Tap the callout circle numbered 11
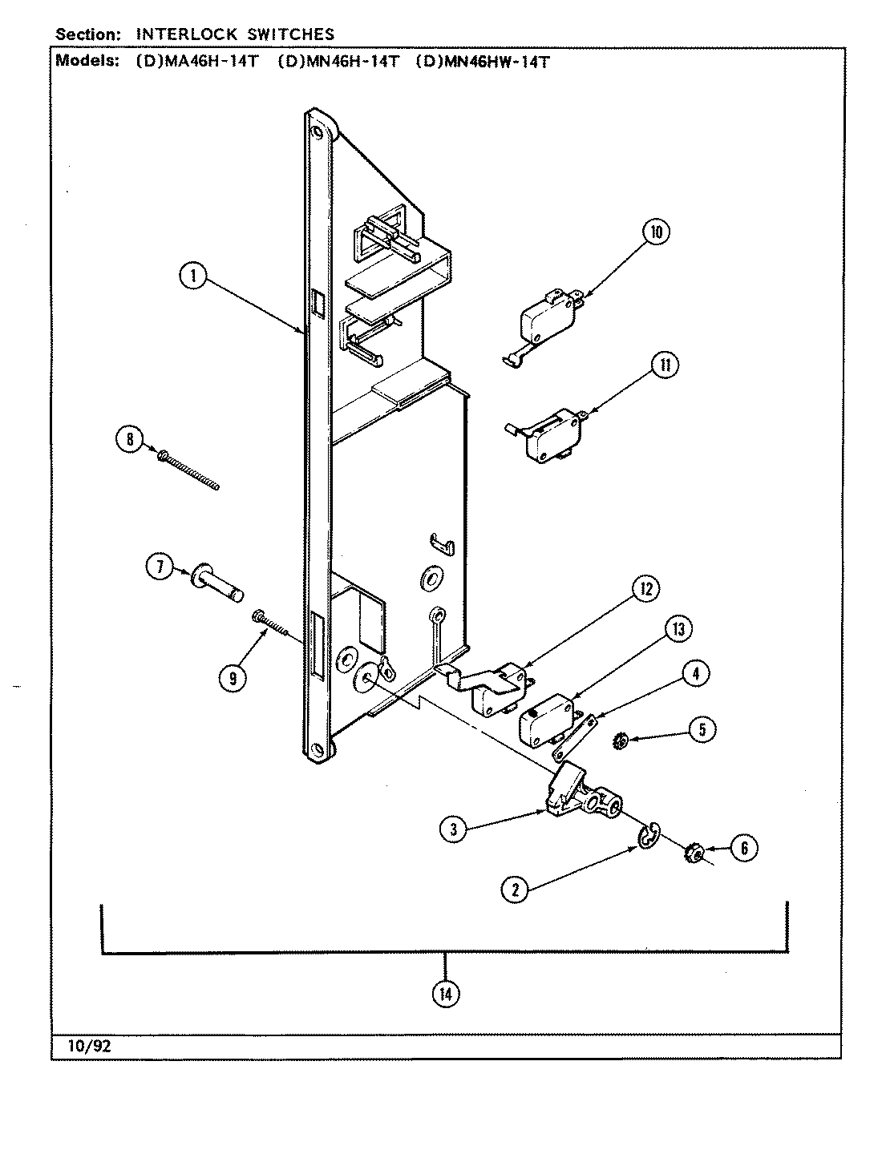(x=665, y=365)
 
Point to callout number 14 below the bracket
(x=445, y=994)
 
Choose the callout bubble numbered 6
(x=743, y=848)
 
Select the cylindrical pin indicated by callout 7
(x=216, y=580)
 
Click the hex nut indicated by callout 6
(x=692, y=855)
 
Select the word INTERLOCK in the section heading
(x=178, y=34)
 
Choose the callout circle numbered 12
(x=644, y=589)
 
